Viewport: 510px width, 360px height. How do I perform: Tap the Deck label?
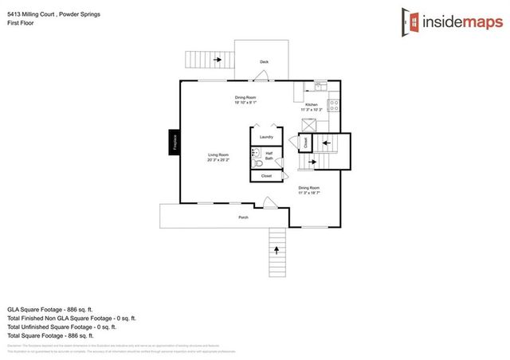[x=264, y=61]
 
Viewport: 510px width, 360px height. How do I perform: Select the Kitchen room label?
[x=312, y=104]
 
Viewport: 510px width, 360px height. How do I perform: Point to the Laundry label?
[x=266, y=137]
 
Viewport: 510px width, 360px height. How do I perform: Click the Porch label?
[x=244, y=217]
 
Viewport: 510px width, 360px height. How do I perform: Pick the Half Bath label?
[x=269, y=155]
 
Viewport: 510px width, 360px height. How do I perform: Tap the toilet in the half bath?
[x=257, y=156]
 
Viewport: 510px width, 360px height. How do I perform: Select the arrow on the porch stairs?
[x=277, y=249]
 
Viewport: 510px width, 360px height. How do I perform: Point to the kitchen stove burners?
[x=335, y=104]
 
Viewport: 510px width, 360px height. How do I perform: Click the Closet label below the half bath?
[x=266, y=175]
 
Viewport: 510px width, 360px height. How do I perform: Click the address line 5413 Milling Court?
[x=49, y=14]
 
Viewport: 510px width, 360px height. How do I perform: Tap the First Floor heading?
[x=19, y=23]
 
